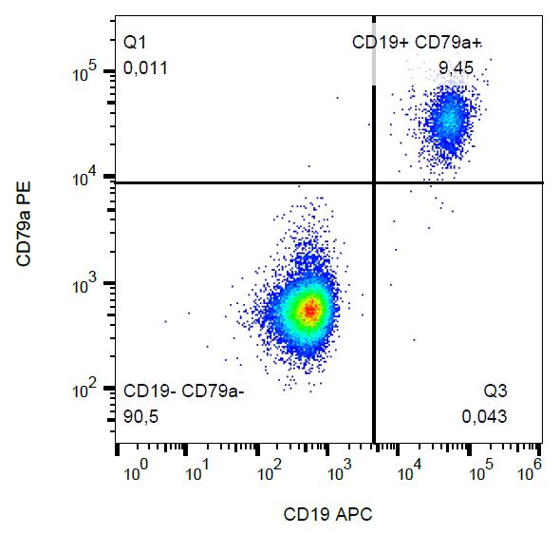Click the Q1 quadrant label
point(135,43)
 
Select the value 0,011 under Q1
point(145,67)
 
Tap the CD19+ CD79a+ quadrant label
point(417,42)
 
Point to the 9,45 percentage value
point(457,67)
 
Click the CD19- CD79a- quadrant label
point(183,391)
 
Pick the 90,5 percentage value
point(140,416)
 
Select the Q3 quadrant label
point(495,391)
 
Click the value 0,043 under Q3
point(484,416)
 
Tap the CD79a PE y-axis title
point(24,223)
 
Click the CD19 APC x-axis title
point(327,514)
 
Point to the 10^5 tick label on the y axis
point(84,71)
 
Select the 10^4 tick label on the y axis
point(84,177)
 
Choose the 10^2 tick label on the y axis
point(84,389)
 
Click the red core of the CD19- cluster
point(310,311)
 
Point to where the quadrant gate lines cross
point(374,183)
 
